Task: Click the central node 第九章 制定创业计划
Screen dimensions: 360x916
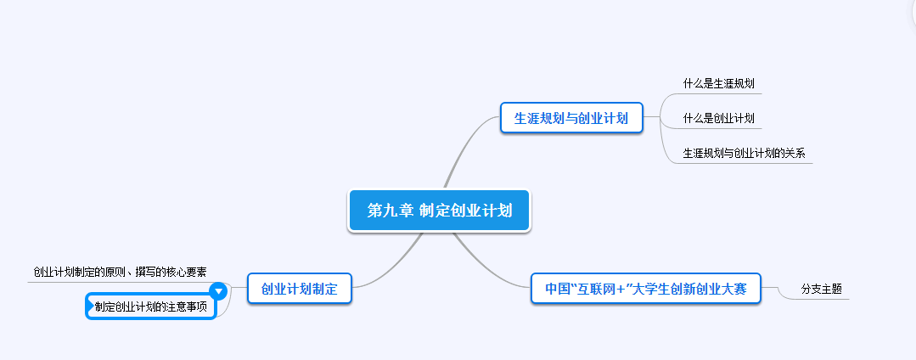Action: (x=439, y=210)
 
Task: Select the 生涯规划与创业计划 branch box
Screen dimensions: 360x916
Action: (x=570, y=118)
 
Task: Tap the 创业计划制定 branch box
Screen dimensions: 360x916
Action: (x=299, y=289)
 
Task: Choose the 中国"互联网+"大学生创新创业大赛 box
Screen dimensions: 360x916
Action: (x=644, y=289)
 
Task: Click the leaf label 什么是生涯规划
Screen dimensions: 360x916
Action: (x=718, y=84)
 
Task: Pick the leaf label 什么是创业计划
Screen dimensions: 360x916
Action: (x=718, y=118)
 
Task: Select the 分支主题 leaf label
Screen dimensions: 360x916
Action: (x=821, y=289)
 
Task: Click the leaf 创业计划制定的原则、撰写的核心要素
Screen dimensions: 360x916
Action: (x=120, y=273)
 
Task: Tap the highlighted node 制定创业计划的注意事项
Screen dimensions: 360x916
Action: (x=150, y=307)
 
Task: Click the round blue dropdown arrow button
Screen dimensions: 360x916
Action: (x=218, y=290)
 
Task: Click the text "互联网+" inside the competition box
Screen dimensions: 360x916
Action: (x=598, y=289)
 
